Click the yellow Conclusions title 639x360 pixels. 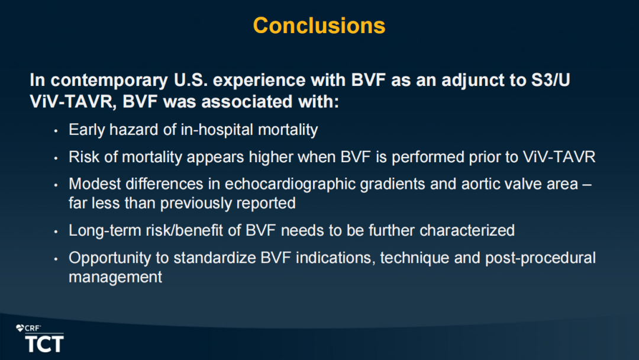coord(319,25)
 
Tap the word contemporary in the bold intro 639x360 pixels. coord(109,81)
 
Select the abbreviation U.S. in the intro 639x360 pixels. coord(191,80)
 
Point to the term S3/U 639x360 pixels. coord(551,80)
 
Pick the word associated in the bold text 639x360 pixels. coord(247,101)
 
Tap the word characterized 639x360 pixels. coord(467,230)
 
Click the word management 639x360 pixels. coord(115,278)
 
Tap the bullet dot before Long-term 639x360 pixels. coord(56,232)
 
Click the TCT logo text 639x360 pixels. coord(44,343)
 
